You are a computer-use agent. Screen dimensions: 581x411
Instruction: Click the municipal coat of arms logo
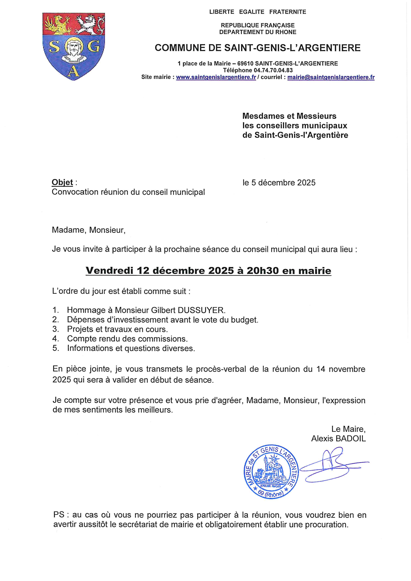(74, 47)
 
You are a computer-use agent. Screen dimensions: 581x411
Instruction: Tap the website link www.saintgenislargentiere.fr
(216, 77)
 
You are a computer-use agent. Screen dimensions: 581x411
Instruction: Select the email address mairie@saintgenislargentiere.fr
(331, 77)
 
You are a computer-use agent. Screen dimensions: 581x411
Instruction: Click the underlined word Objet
(62, 182)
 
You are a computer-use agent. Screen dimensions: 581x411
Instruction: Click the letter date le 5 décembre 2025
(279, 183)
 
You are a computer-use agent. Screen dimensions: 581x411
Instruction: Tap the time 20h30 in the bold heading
(263, 271)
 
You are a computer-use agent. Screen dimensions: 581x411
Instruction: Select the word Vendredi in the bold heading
(110, 271)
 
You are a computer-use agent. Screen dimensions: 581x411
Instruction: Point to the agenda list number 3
(55, 329)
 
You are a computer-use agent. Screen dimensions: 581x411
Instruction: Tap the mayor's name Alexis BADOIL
(338, 424)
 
